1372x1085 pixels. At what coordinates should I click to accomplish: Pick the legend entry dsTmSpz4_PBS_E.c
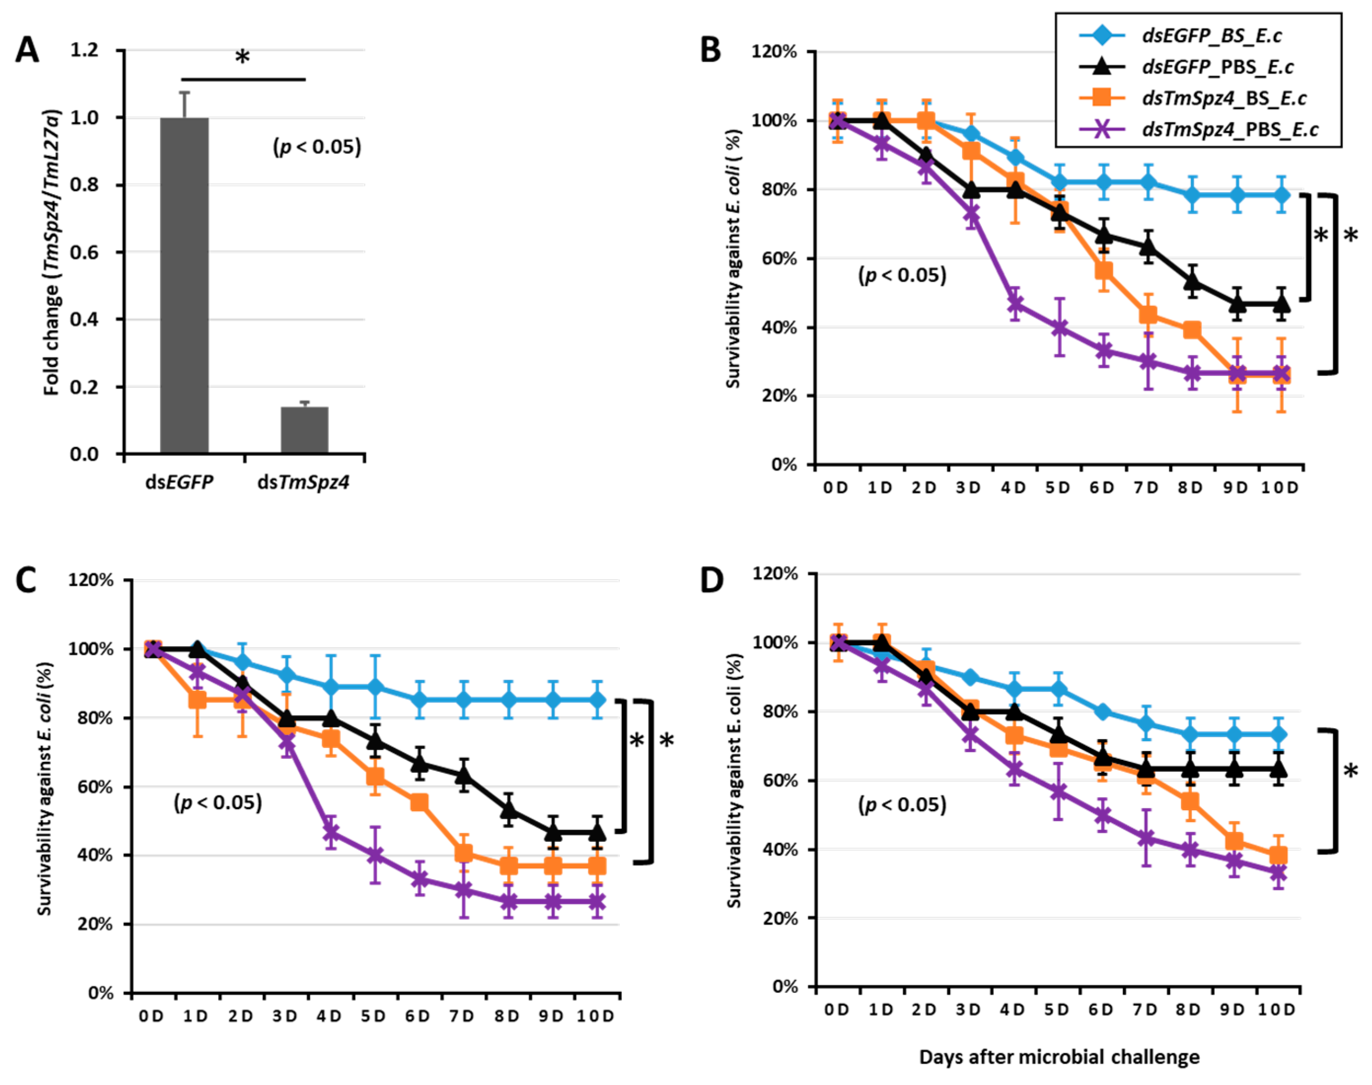tap(1230, 130)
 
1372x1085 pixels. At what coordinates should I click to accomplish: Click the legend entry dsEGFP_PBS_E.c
tap(1218, 67)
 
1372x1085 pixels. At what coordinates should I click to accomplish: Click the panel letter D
tap(712, 580)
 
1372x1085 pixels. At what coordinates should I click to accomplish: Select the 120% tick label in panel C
tap(93, 580)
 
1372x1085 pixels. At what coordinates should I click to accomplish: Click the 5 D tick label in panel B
tap(1058, 488)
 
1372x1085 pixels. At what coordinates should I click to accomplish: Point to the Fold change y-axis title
tap(52, 253)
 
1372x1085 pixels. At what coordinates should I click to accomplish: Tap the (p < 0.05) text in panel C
tap(218, 803)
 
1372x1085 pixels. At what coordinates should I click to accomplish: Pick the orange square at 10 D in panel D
tap(1278, 856)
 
